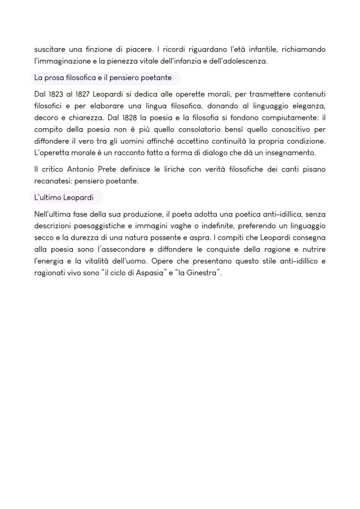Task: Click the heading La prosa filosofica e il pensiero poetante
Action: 103,78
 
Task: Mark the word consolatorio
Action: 202,130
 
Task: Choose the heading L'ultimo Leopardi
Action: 63,197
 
